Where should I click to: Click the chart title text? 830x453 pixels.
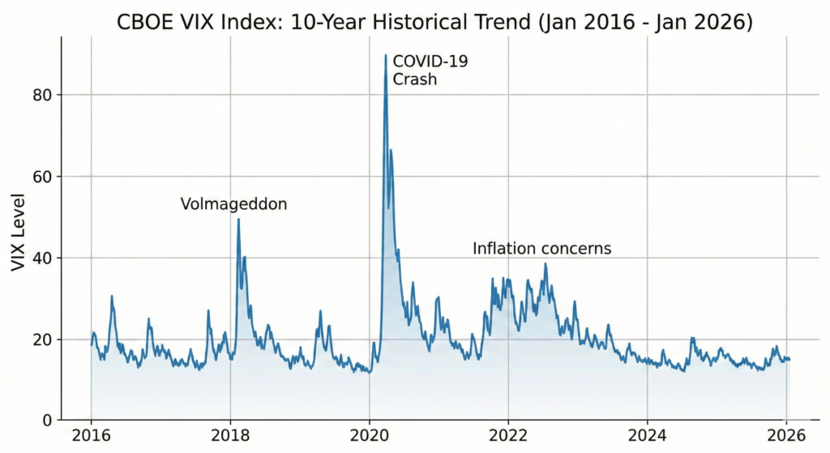click(435, 23)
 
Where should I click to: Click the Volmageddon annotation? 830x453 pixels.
click(233, 204)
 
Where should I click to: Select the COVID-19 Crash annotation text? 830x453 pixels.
click(419, 70)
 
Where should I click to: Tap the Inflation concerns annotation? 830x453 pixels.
click(541, 248)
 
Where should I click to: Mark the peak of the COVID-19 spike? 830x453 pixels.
click(385, 55)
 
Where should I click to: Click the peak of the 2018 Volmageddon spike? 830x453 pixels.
click(238, 219)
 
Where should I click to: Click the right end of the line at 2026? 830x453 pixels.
click(789, 359)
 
